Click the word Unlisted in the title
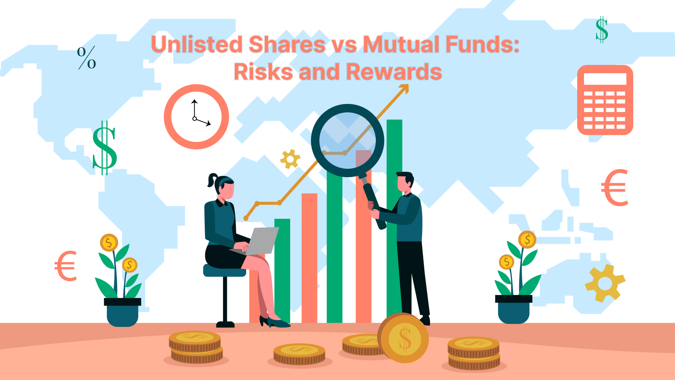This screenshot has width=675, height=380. [197, 44]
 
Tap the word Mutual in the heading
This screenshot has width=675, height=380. [401, 44]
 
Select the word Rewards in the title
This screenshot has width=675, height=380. [394, 72]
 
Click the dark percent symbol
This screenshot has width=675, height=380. [86, 58]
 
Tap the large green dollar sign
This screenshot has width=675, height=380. [105, 148]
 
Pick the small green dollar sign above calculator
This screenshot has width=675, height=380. [602, 29]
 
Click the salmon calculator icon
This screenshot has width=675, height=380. [605, 100]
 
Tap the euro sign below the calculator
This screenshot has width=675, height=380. [615, 188]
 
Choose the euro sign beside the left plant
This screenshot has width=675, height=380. [66, 266]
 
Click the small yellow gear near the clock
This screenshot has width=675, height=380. [290, 159]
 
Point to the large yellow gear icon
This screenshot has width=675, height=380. [605, 283]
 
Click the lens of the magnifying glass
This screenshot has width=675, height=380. [347, 141]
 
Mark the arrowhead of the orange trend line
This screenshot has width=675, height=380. [405, 88]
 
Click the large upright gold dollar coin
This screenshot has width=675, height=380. [403, 338]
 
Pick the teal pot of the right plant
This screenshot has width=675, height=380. [513, 309]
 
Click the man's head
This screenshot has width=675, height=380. [405, 182]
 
